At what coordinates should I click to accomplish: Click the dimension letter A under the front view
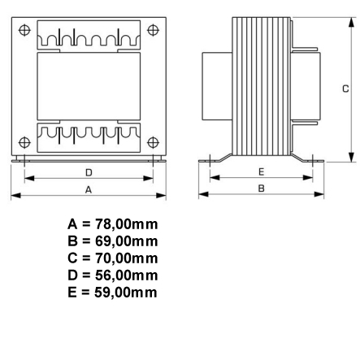(89, 189)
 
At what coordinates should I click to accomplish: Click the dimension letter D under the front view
(89, 173)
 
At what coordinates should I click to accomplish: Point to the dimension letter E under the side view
(261, 172)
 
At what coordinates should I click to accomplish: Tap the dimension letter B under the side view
(261, 189)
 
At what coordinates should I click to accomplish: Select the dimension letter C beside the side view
(345, 89)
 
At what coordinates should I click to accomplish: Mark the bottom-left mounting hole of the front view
(25, 141)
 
